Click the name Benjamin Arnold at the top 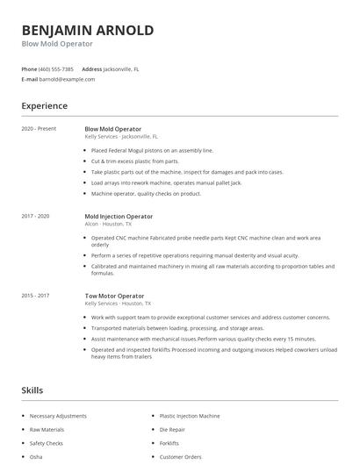[88, 31]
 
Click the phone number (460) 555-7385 [57, 68]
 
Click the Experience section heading [45, 106]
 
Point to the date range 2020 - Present [39, 129]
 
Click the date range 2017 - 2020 [36, 216]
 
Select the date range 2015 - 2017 [36, 296]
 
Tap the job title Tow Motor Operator [114, 296]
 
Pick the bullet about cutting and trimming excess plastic [135, 161]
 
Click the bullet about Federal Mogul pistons [153, 150]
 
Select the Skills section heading [32, 390]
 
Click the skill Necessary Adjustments [59, 415]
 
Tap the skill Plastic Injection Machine [190, 415]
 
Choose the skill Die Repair [172, 429]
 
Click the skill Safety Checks [47, 443]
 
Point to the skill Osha [36, 457]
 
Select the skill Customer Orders [181, 457]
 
